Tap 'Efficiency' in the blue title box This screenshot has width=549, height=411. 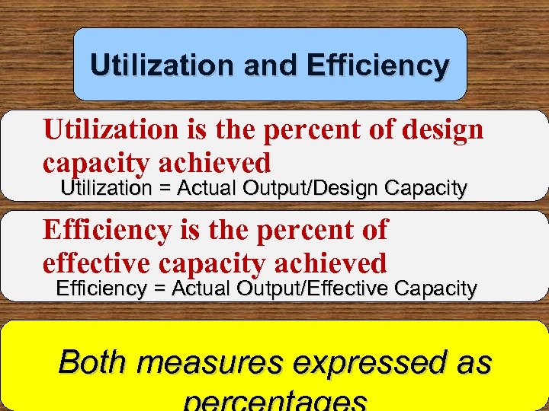[x=377, y=65]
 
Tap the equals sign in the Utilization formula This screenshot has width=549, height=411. [x=164, y=189]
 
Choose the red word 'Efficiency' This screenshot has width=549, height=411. [x=108, y=229]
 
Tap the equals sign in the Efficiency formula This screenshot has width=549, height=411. [x=159, y=288]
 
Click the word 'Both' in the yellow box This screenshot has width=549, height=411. [x=91, y=362]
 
